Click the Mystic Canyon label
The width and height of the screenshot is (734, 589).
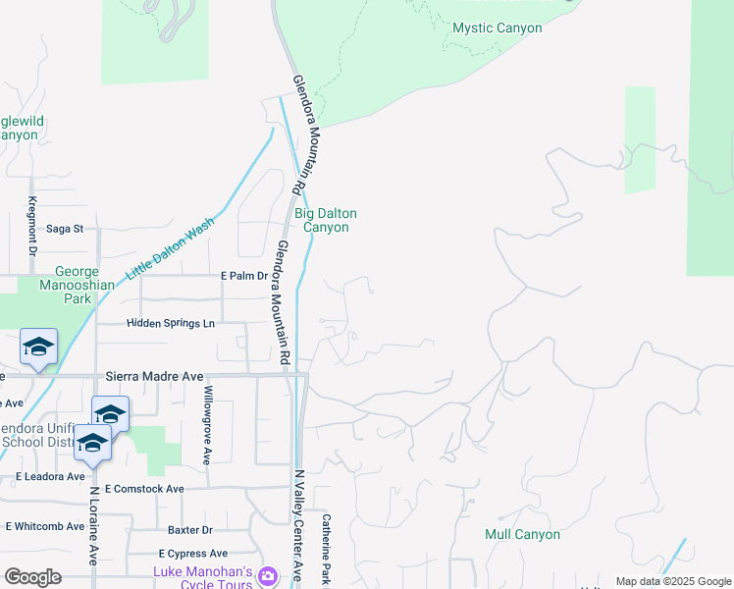coord(497,28)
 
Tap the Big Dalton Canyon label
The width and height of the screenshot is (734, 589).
coord(325,220)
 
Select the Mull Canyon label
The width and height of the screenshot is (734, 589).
coord(522,535)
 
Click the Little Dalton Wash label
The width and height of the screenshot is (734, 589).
coord(172,249)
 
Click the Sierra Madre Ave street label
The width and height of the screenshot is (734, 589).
coord(154,376)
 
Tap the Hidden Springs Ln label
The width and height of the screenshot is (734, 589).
coord(170,323)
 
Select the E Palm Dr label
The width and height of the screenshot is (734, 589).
coord(244,276)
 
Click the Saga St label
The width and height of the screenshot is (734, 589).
coord(66,229)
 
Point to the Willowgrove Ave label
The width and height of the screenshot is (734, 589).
coord(207,425)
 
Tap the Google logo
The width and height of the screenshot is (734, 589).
coord(32,577)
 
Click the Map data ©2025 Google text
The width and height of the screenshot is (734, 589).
coord(672,581)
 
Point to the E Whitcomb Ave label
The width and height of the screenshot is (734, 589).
coord(44,526)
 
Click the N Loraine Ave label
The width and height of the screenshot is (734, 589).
coord(94,525)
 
